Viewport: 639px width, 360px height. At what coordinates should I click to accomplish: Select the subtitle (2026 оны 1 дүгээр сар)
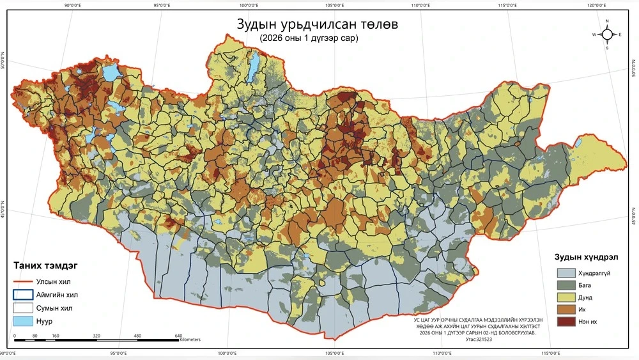point(309,38)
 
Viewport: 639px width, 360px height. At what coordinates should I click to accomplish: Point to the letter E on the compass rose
point(620,34)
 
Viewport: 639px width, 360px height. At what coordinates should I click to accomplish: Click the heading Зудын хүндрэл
point(585,257)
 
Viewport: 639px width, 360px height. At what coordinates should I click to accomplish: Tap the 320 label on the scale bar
point(96,336)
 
